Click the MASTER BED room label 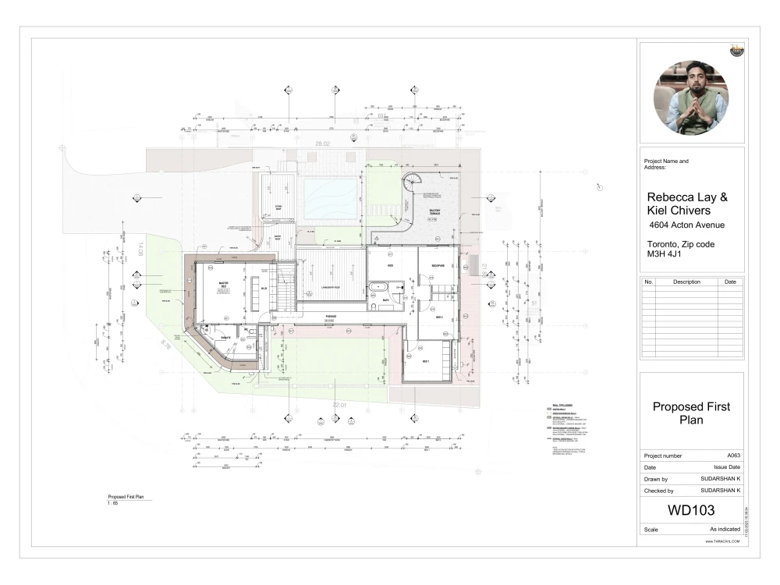pos(223,284)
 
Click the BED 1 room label pos(426,362)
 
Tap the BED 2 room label pos(438,317)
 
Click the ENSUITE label pos(224,337)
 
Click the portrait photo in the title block pos(691,98)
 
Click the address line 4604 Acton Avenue pos(687,225)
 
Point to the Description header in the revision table pos(687,282)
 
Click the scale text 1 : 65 pos(113,503)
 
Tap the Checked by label pos(658,491)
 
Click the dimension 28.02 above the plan pos(323,144)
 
